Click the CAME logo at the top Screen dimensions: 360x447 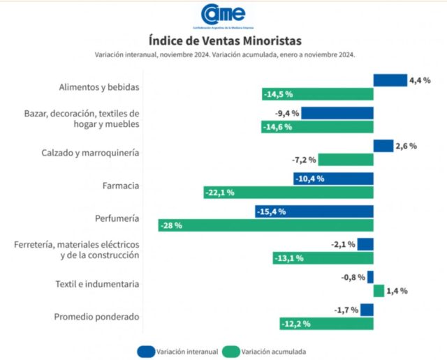pos(223,13)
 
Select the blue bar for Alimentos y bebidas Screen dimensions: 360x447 pos(390,80)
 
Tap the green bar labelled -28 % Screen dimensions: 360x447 pos(265,225)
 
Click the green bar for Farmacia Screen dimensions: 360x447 pos(288,192)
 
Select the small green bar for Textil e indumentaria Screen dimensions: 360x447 pos(379,290)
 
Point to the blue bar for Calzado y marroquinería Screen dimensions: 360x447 pos(383,146)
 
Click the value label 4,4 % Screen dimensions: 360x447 pos(418,81)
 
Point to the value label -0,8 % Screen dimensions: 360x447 pos(352,277)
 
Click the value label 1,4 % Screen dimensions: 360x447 pos(396,290)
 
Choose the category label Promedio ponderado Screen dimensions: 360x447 pos(97,317)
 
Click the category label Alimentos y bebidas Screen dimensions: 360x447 pos(100,87)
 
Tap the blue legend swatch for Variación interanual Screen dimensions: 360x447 pos(147,351)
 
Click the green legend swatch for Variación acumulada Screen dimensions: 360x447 pos(232,351)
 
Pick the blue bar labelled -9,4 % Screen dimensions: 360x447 pos(337,113)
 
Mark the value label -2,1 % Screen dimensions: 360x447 pos(343,244)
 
